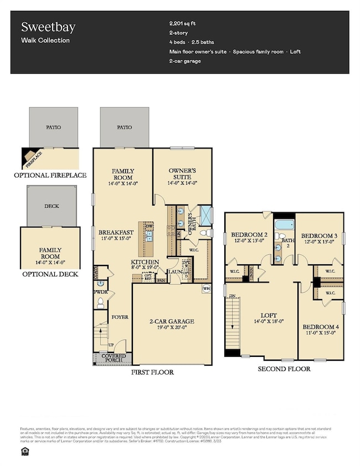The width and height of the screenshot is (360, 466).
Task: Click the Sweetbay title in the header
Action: click(x=42, y=27)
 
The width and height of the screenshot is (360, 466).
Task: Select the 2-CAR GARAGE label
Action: click(x=172, y=321)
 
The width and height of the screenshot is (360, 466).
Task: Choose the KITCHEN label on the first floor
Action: click(x=145, y=262)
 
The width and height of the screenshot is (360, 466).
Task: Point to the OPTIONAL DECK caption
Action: click(x=49, y=274)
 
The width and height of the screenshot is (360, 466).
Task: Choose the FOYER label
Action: click(x=120, y=318)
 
